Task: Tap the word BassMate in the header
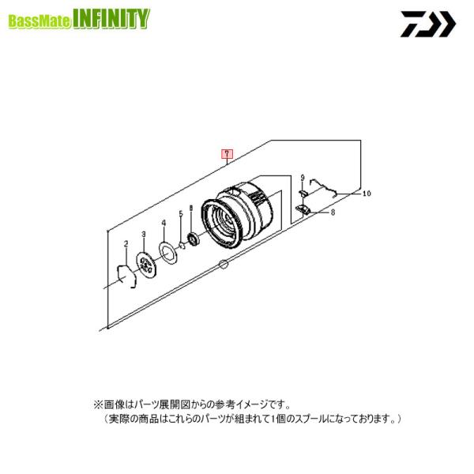[39, 21]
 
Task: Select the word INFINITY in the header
[109, 19]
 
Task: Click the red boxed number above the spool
[227, 153]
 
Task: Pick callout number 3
[144, 235]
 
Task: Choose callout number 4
[163, 224]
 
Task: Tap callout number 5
[180, 214]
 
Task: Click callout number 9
[303, 178]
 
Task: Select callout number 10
[366, 192]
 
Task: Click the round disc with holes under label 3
[144, 265]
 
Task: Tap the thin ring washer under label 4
[166, 252]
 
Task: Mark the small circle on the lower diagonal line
[224, 262]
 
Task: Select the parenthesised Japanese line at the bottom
[254, 418]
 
